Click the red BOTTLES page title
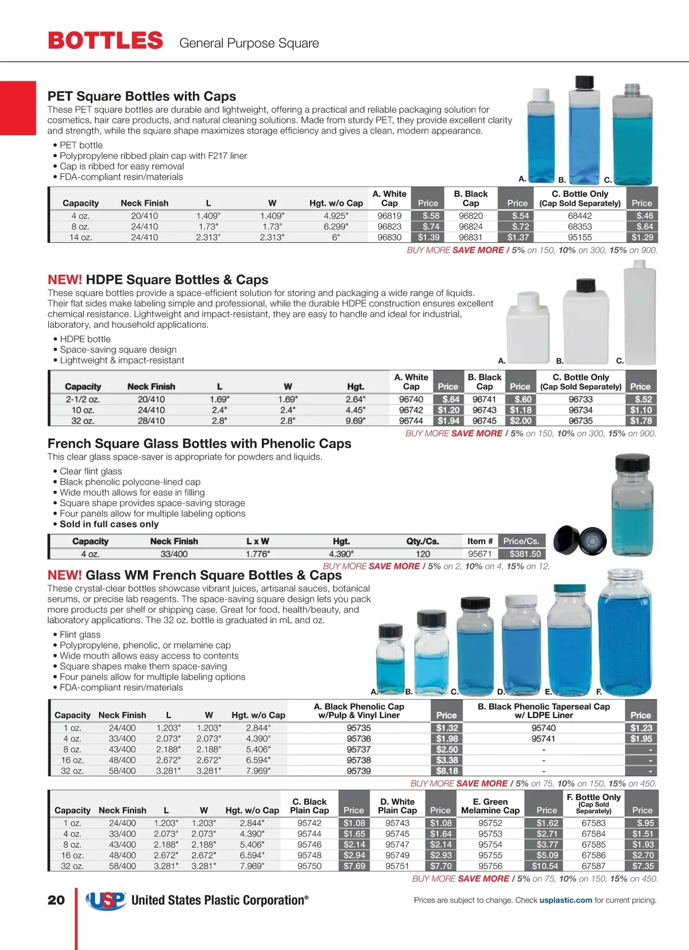click(x=106, y=41)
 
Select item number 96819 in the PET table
click(x=389, y=216)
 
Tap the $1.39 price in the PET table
click(x=428, y=237)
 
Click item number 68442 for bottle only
click(x=579, y=216)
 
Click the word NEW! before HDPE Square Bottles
click(x=64, y=280)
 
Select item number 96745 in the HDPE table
click(x=484, y=421)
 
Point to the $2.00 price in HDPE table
click(x=520, y=421)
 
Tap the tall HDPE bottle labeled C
click(x=639, y=313)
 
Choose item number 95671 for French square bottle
click(x=479, y=554)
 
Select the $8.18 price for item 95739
click(x=447, y=771)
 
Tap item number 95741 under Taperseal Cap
click(x=543, y=739)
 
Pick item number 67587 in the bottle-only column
click(x=593, y=866)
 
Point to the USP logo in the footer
click(x=106, y=900)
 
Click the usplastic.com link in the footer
click(x=566, y=900)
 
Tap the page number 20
click(x=56, y=900)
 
